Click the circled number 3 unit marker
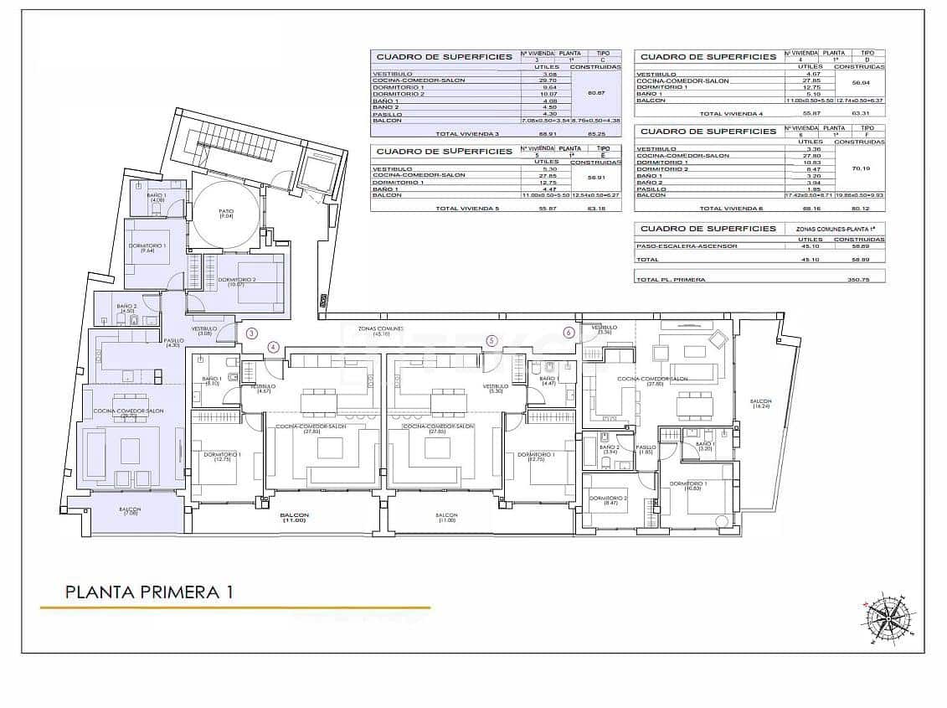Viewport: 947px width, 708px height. [x=252, y=333]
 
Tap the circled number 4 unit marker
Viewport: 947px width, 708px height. [x=272, y=346]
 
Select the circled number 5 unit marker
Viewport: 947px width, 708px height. [x=492, y=341]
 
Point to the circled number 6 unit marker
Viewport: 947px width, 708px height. [x=569, y=332]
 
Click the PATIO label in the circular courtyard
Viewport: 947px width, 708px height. [x=225, y=214]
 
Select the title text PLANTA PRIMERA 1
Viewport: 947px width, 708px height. [x=149, y=592]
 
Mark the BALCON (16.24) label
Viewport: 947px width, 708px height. [x=760, y=405]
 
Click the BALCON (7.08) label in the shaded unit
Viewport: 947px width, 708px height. [x=130, y=512]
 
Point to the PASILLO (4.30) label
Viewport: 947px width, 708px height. [x=173, y=343]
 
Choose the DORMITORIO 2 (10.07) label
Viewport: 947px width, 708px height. [x=237, y=282]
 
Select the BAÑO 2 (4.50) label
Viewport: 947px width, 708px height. [x=126, y=308]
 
